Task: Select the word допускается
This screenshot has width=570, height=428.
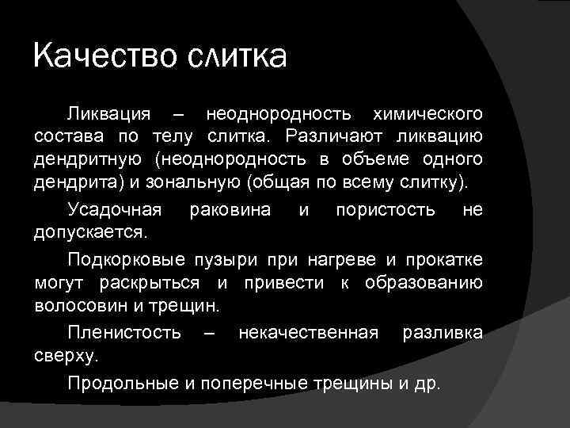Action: tap(89, 234)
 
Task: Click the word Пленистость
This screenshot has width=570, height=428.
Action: tap(125, 331)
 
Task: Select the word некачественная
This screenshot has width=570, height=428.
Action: tap(308, 331)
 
